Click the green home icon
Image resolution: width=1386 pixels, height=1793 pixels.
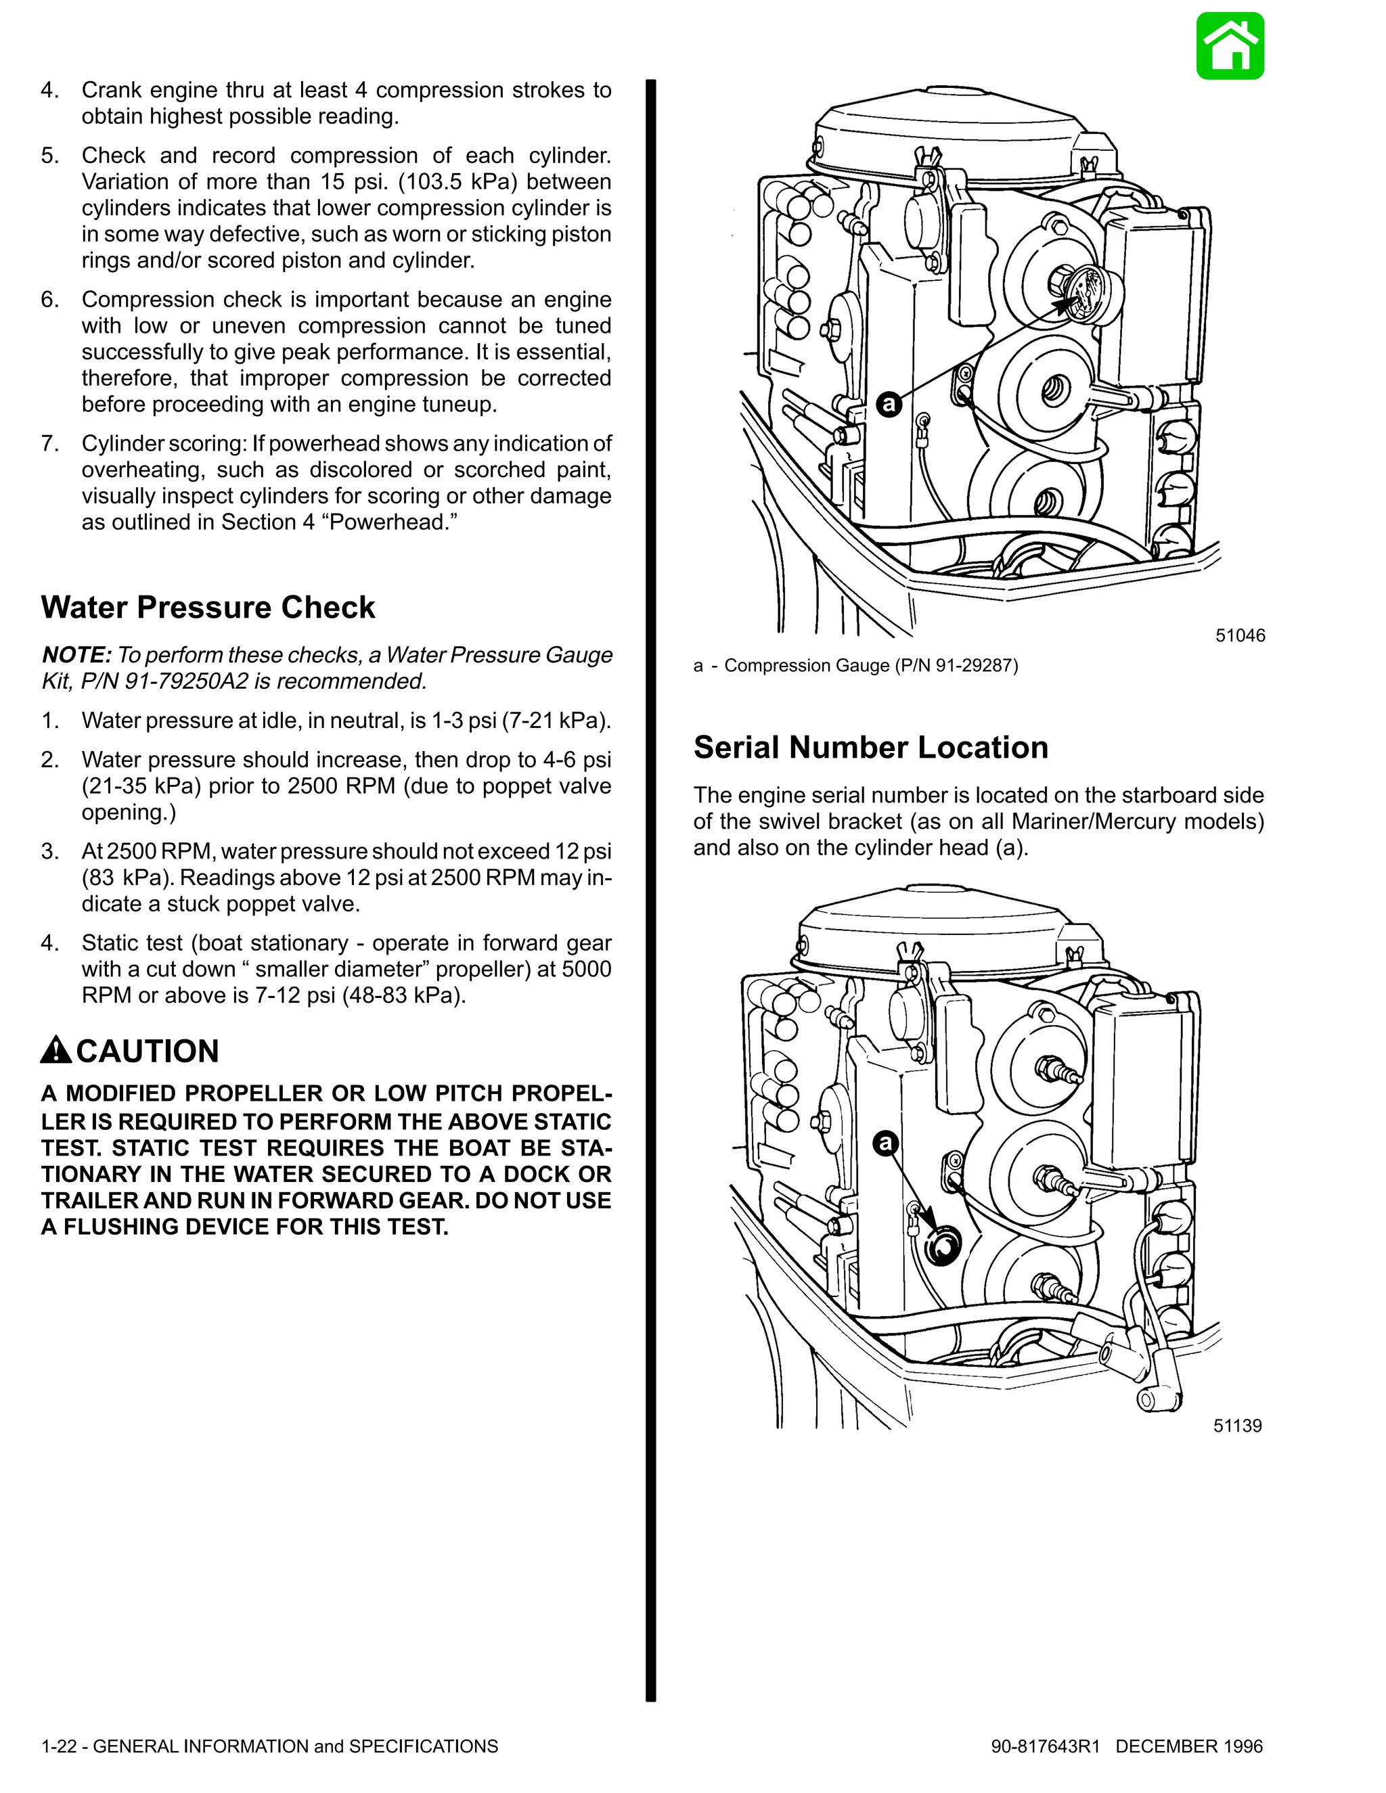(1229, 46)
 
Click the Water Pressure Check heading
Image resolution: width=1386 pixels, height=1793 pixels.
(208, 608)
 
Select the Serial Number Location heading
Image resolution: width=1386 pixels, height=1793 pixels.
(870, 747)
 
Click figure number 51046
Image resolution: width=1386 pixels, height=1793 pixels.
(1240, 635)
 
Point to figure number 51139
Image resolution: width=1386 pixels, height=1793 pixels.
(1237, 1426)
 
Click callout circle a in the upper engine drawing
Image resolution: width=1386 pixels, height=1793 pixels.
(889, 404)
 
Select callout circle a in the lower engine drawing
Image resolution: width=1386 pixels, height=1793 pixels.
(885, 1143)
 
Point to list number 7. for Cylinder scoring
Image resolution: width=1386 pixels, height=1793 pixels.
(50, 444)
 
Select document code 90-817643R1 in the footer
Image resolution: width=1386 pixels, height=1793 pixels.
(1044, 1746)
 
